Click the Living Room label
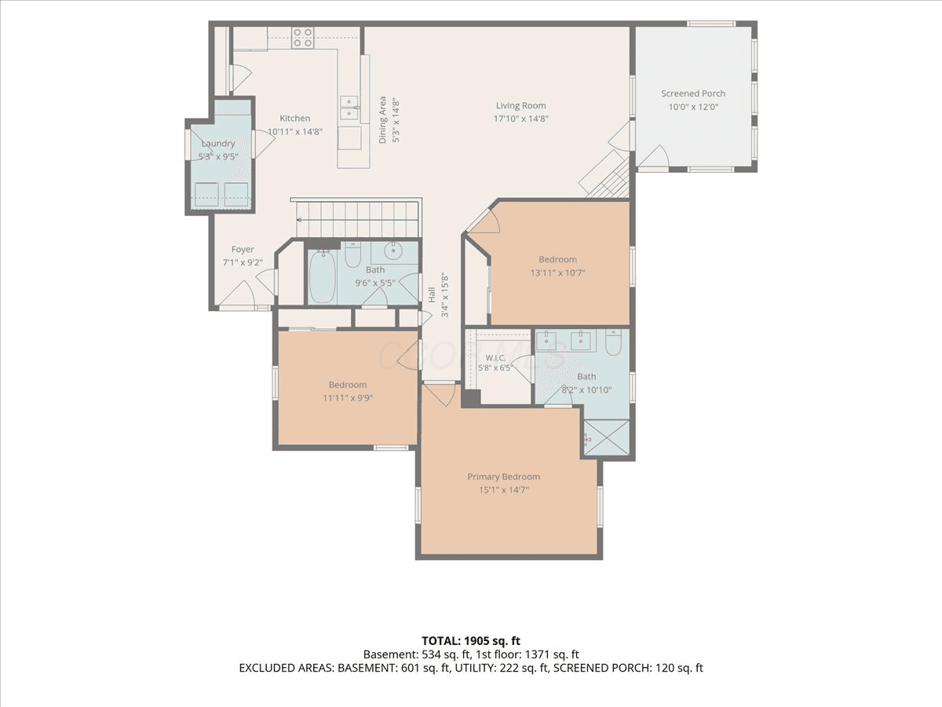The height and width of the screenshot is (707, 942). pos(521,105)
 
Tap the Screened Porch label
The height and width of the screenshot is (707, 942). pos(693,93)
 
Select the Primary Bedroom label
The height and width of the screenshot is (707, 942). pos(503,477)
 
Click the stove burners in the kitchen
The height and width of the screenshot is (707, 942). pos(302,38)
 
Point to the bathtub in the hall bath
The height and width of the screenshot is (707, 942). pos(323,276)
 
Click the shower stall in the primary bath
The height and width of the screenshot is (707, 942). pos(606,438)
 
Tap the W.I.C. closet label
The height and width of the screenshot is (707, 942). pos(495,357)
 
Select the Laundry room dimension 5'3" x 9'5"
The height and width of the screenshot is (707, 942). pos(218,156)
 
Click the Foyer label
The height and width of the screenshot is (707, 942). pos(243,249)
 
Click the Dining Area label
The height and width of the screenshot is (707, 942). pos(382,119)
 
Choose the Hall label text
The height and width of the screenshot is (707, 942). pos(432,295)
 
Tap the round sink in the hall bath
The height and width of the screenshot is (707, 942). pos(393,251)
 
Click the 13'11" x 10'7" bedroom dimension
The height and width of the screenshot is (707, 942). pos(558,273)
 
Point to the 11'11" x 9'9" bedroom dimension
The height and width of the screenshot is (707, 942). pos(348,398)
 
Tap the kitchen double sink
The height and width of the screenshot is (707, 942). pos(349,108)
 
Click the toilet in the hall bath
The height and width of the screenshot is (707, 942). pos(353,255)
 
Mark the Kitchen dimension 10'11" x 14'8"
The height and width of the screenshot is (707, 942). pos(295,132)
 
